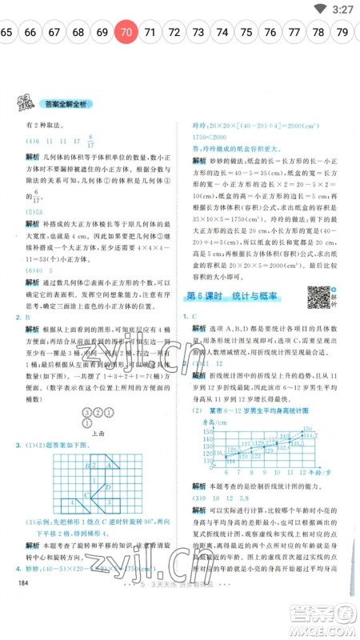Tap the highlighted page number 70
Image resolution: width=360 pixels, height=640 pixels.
126,33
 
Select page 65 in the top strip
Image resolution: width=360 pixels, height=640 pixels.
6,33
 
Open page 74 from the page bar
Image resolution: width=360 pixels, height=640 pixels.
222,33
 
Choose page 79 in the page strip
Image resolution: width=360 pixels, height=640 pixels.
342,33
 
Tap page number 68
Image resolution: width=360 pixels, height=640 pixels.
78,33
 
